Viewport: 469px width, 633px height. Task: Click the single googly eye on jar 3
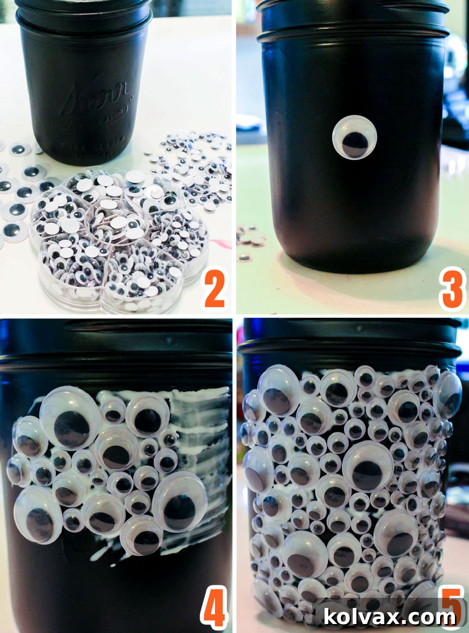coord(354,137)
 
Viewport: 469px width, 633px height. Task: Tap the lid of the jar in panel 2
coord(84,12)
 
